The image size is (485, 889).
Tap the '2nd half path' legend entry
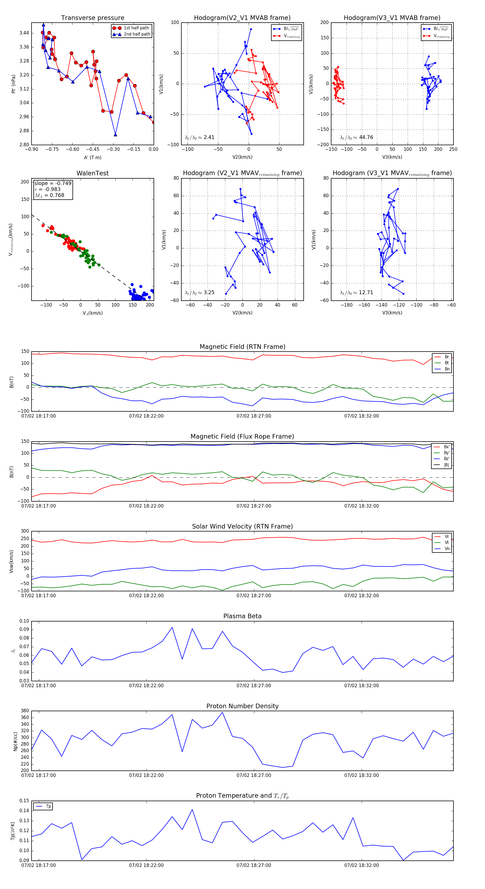point(137,34)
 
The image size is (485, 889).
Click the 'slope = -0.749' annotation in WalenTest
point(53,183)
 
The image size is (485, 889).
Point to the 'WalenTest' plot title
point(92,173)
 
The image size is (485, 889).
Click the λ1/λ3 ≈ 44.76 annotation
point(356,137)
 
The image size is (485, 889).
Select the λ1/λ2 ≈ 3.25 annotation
point(199,293)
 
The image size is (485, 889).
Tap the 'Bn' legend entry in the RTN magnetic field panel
point(447,369)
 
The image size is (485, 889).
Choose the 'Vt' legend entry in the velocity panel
point(447,543)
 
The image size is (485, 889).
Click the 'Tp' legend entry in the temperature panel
point(48,806)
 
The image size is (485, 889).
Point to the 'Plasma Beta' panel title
point(242,616)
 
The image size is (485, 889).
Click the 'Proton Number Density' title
point(242,706)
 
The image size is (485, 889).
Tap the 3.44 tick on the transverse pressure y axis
point(24,33)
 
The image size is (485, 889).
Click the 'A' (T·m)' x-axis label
point(92,157)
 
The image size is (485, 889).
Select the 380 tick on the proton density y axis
point(25,711)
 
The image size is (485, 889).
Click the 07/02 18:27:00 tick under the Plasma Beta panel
point(254,686)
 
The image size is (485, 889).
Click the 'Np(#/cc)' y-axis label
point(15,741)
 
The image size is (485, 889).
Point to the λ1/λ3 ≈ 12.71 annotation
point(356,293)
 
